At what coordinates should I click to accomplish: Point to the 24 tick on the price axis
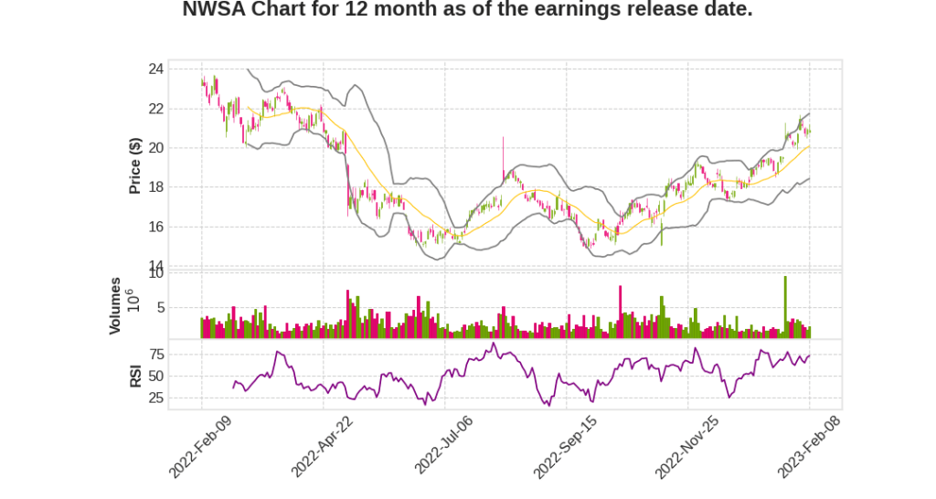(155, 69)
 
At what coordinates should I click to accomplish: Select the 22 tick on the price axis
(155, 109)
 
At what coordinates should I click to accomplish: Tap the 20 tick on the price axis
(155, 148)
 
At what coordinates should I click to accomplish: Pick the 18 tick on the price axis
(155, 187)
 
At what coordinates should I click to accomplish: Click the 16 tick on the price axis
(155, 227)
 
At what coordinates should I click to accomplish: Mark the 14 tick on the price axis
(155, 266)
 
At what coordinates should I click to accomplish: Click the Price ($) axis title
(135, 165)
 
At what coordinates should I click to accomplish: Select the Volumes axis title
(115, 305)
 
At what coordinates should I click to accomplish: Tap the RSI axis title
(135, 376)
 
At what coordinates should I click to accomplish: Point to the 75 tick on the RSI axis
(155, 354)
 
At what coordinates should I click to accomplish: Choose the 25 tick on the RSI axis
(155, 398)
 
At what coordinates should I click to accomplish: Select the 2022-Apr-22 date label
(322, 445)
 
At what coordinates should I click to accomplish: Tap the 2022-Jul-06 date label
(444, 445)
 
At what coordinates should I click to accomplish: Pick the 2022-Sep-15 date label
(565, 445)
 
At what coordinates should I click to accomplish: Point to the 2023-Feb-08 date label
(809, 445)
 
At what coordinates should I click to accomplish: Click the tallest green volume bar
(785, 307)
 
